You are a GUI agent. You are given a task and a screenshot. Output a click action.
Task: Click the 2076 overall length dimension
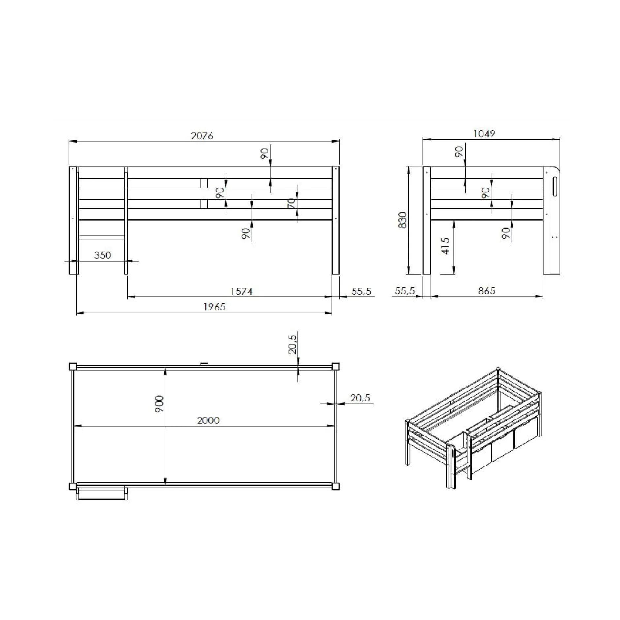pyautogui.click(x=202, y=136)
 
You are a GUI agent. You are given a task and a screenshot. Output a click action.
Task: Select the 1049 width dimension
pyautogui.click(x=484, y=134)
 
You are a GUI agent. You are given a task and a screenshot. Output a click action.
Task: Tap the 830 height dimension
pyautogui.click(x=403, y=220)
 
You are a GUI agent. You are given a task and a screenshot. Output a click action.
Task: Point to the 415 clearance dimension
pyautogui.click(x=445, y=246)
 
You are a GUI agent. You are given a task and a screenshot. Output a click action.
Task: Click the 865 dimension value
pyautogui.click(x=486, y=291)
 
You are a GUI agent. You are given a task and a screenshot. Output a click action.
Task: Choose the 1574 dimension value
pyautogui.click(x=241, y=292)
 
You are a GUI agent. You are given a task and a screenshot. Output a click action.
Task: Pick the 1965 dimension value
pyautogui.click(x=214, y=307)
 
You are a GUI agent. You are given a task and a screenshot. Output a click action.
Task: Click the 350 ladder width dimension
pyautogui.click(x=103, y=255)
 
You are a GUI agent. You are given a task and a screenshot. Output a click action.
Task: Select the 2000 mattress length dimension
pyautogui.click(x=208, y=420)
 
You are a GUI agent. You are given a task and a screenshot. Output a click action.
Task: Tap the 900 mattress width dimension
pyautogui.click(x=159, y=404)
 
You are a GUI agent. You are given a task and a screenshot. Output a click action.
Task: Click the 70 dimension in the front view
pyautogui.click(x=291, y=203)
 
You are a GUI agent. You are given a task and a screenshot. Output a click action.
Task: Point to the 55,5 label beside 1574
pyautogui.click(x=361, y=292)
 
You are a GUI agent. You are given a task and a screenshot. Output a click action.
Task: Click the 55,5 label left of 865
pyautogui.click(x=405, y=291)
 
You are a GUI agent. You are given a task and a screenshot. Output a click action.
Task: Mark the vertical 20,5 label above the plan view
pyautogui.click(x=293, y=344)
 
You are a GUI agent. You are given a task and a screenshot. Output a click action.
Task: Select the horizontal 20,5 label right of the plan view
pyautogui.click(x=360, y=398)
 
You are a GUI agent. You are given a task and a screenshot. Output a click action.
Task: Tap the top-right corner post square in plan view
pyautogui.click(x=335, y=367)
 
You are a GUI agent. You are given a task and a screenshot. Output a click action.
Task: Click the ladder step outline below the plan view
pyautogui.click(x=102, y=494)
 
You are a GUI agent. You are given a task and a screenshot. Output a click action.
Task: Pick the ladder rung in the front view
pyautogui.click(x=102, y=237)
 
